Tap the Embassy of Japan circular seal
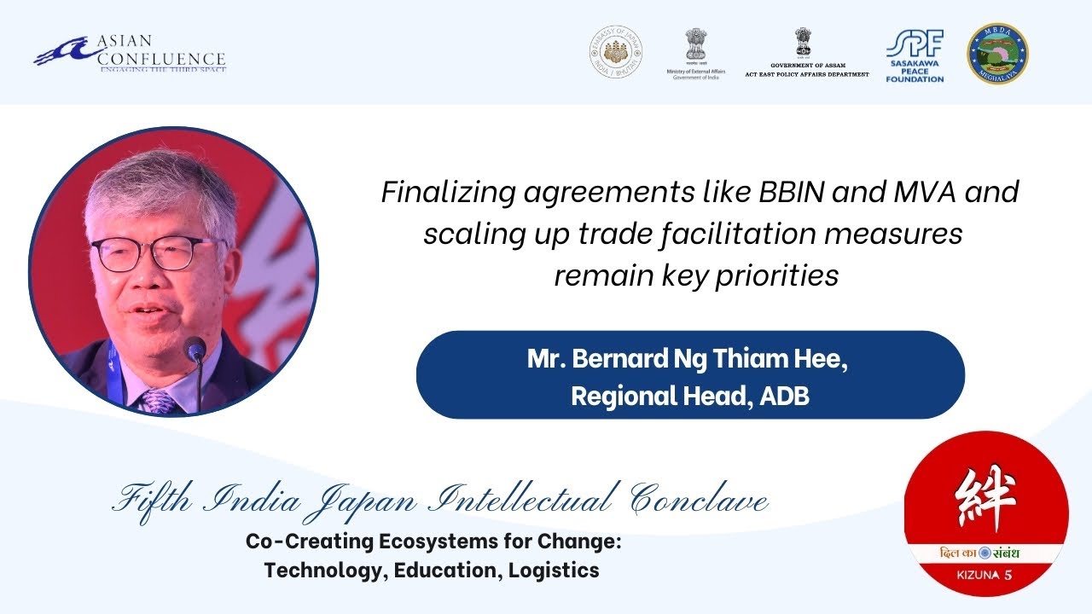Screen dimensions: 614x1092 (x=616, y=53)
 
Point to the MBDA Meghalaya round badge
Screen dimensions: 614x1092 (x=996, y=54)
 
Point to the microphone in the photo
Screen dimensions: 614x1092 (x=195, y=350)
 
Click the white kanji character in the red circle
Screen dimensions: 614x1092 (x=986, y=500)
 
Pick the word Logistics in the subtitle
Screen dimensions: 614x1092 (x=554, y=571)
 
